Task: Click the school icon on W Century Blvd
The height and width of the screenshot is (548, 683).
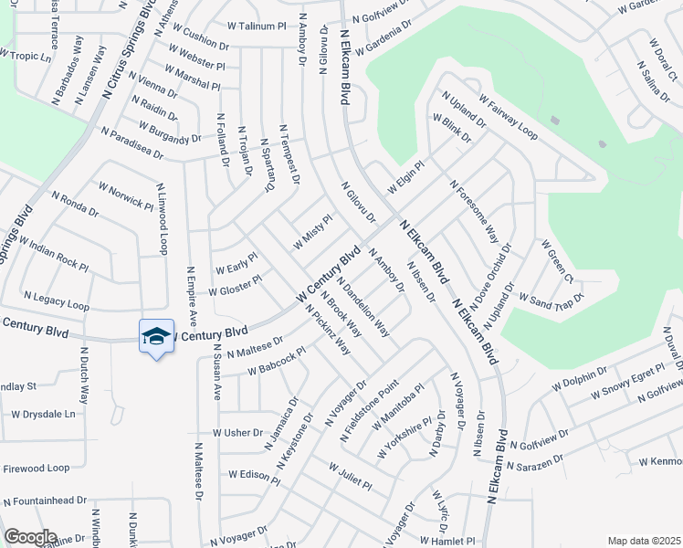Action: click(x=156, y=336)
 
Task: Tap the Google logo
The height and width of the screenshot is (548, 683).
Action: click(x=29, y=537)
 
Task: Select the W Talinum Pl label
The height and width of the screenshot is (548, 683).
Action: click(x=257, y=26)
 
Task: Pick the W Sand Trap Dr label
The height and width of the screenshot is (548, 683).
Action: click(x=550, y=298)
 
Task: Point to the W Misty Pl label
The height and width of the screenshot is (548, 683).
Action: click(x=312, y=232)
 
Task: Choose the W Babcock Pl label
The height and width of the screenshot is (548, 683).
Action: click(x=264, y=364)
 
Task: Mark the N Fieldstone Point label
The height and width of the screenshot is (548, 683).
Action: click(x=370, y=412)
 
